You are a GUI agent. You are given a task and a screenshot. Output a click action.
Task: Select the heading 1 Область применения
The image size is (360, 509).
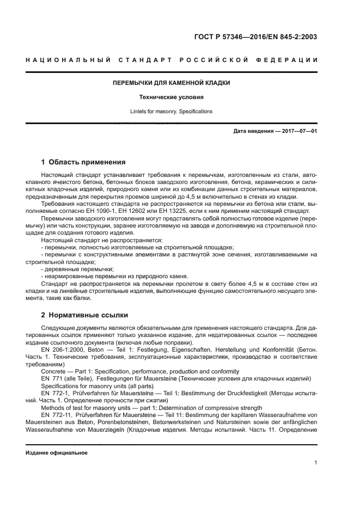[84, 162]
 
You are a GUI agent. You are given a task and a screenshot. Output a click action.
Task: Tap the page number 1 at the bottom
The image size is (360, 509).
[315, 463]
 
